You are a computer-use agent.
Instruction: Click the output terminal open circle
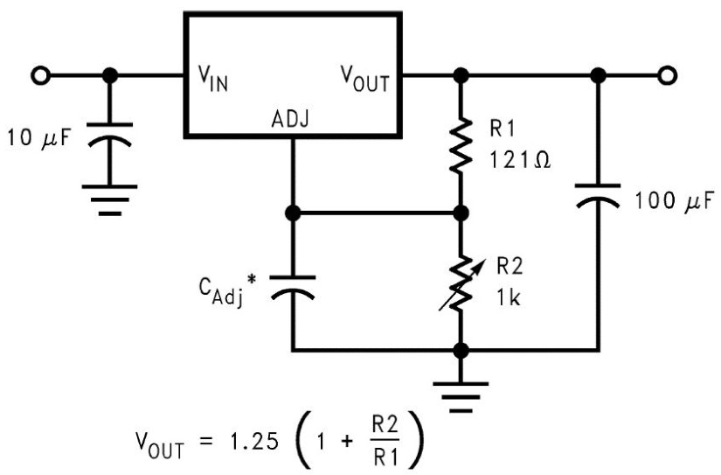pyautogui.click(x=668, y=75)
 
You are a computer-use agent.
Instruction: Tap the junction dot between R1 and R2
pyautogui.click(x=459, y=213)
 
